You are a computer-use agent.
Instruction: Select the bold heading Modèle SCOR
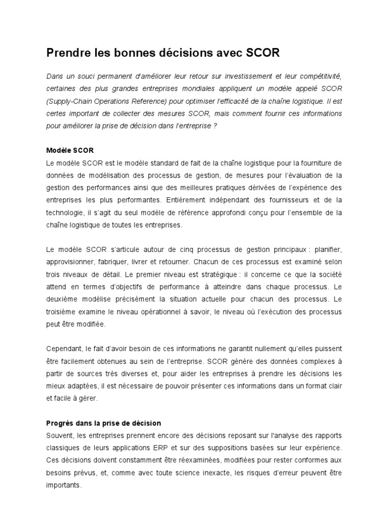(x=70, y=151)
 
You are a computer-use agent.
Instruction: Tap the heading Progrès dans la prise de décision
(x=103, y=423)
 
